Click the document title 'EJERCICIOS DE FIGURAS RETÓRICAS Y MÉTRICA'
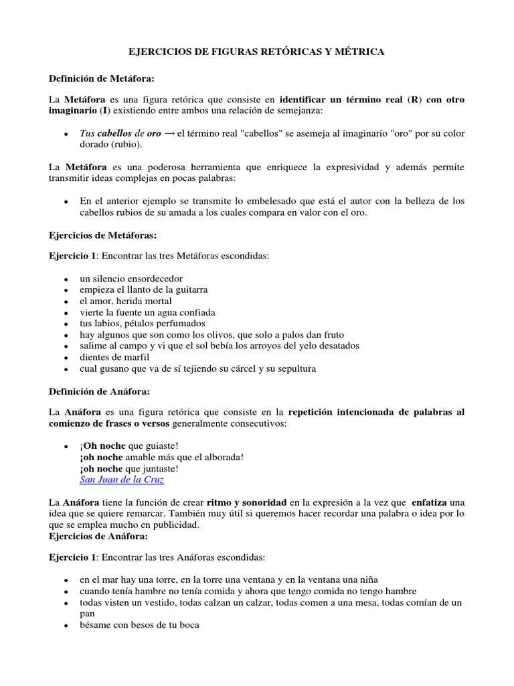click(x=256, y=52)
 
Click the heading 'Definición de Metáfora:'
click(x=102, y=78)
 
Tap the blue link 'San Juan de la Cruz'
click(x=121, y=480)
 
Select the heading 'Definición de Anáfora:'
click(x=99, y=391)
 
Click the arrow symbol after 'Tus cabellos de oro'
click(x=171, y=133)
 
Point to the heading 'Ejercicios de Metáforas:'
click(x=103, y=235)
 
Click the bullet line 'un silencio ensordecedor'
click(x=131, y=278)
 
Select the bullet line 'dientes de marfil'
click(x=114, y=357)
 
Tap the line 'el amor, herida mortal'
click(x=125, y=301)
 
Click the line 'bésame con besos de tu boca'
click(x=139, y=625)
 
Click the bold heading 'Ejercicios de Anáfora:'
click(x=98, y=536)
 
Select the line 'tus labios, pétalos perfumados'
click(x=142, y=324)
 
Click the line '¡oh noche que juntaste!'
click(x=128, y=468)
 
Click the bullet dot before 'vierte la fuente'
click(x=66, y=313)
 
